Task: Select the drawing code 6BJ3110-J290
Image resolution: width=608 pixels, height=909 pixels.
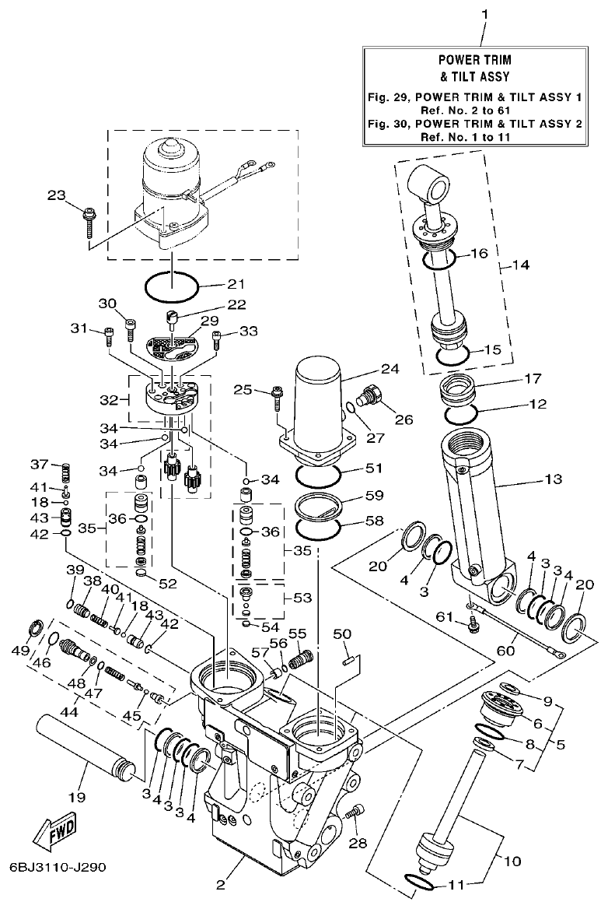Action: pyautogui.click(x=58, y=865)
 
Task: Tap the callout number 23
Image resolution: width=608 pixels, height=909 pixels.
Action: pyautogui.click(x=57, y=196)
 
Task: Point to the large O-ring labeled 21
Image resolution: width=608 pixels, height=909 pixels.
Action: pyautogui.click(x=170, y=286)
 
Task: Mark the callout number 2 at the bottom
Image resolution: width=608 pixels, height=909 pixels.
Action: pyautogui.click(x=220, y=885)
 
